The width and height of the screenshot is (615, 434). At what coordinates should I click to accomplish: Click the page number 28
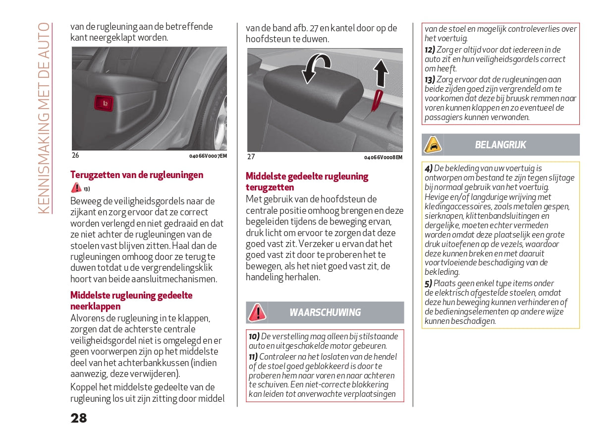(x=79, y=418)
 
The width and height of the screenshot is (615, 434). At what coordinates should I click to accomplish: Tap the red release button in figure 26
(x=104, y=103)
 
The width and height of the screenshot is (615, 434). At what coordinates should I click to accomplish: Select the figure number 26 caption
(x=75, y=155)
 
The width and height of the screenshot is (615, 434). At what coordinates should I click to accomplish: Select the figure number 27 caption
(x=251, y=157)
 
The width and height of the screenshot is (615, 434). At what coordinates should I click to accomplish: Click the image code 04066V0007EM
(x=208, y=156)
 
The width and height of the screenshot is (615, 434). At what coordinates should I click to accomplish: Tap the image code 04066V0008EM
(x=383, y=157)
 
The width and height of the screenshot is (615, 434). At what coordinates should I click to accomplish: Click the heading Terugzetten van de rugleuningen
(x=137, y=175)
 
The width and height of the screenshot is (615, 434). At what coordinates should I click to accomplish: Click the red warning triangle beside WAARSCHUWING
(x=257, y=312)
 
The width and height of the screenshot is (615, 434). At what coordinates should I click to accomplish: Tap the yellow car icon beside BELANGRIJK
(x=433, y=145)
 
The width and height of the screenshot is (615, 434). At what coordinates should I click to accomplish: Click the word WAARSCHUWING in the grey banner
(x=325, y=312)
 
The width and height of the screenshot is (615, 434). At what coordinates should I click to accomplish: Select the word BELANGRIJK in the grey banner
(x=501, y=145)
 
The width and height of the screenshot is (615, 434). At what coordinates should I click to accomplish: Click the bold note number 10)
(x=254, y=337)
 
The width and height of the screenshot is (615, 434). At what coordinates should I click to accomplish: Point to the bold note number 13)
(x=430, y=79)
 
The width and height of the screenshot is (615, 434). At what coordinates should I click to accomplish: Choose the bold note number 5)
(x=428, y=284)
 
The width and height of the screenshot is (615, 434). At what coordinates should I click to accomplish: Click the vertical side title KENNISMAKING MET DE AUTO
(x=44, y=118)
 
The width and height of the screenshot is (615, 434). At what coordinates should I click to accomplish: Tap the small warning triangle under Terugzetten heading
(x=76, y=187)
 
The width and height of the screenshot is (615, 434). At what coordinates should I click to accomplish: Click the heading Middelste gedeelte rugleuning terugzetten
(x=307, y=182)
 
